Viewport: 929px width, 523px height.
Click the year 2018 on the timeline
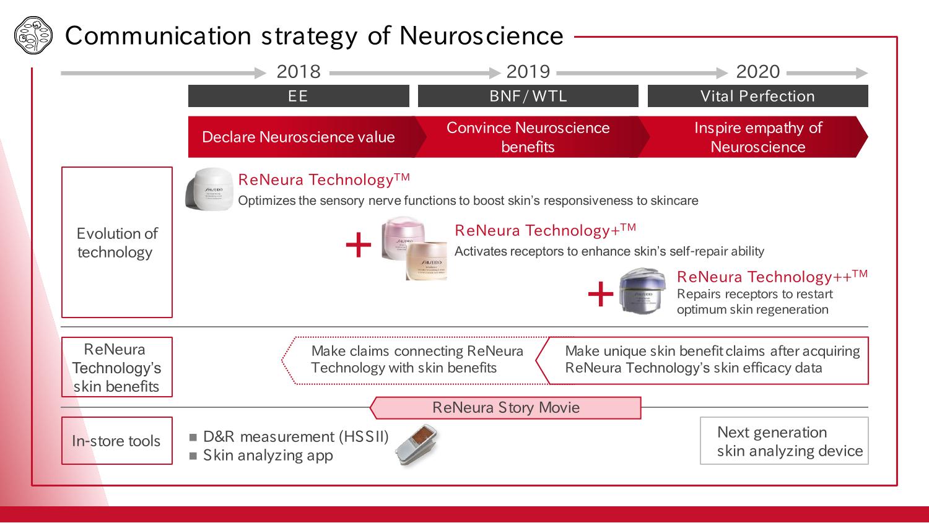tap(299, 72)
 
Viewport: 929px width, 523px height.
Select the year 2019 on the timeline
tap(528, 72)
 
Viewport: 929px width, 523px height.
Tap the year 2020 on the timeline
tap(757, 72)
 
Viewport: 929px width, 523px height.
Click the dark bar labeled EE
tap(299, 96)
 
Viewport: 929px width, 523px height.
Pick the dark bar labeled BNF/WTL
tap(528, 96)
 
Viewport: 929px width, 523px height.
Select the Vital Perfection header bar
tap(757, 96)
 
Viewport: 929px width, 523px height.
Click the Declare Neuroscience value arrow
tap(299, 137)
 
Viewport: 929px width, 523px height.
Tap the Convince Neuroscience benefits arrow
tap(528, 137)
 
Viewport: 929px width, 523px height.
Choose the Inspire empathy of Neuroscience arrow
tap(757, 137)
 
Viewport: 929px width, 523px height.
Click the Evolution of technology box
tap(117, 242)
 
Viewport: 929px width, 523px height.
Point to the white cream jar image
tap(209, 189)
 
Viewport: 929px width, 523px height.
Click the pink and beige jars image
tap(414, 248)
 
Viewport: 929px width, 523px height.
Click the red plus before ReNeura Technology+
tap(358, 246)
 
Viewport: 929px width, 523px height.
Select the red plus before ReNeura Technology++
tap(600, 294)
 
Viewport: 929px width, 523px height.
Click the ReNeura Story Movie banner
tap(505, 408)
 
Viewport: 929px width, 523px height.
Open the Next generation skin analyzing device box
tap(784, 441)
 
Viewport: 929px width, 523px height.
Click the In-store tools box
tap(117, 441)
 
